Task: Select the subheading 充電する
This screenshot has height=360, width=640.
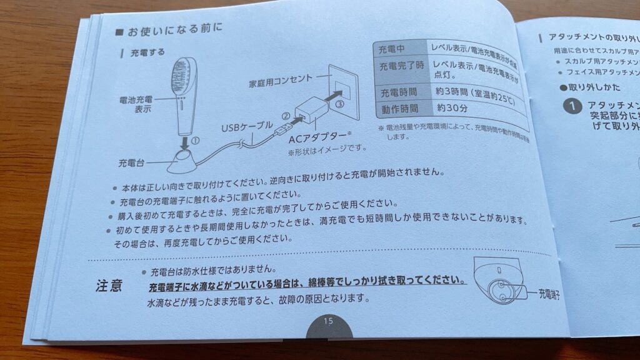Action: [147, 52]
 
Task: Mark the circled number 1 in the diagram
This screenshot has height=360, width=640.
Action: [195, 141]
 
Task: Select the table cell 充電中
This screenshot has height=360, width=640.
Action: [397, 49]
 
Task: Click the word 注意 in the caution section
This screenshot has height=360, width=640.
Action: [110, 286]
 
